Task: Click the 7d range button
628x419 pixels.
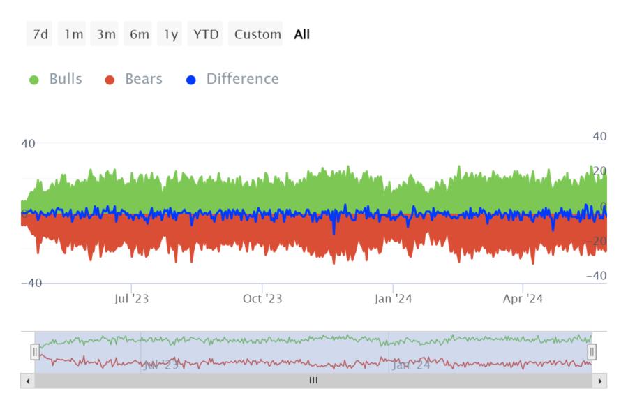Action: (x=40, y=34)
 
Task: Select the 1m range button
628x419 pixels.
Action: (x=73, y=34)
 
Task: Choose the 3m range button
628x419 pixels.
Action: (x=106, y=34)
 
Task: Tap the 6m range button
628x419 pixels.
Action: (x=139, y=34)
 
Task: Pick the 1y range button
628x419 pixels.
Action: (x=170, y=34)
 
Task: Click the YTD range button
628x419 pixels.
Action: (x=205, y=34)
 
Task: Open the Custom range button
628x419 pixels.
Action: (x=257, y=34)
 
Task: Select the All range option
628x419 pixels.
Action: (x=301, y=34)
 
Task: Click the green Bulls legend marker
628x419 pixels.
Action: (x=34, y=80)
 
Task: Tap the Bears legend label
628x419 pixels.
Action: (x=143, y=79)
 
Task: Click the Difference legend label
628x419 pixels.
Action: (x=242, y=79)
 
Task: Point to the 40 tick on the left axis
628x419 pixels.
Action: (x=28, y=144)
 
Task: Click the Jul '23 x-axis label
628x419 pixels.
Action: (x=131, y=299)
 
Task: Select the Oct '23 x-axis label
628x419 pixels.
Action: (x=262, y=299)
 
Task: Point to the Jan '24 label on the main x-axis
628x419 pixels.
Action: (x=393, y=299)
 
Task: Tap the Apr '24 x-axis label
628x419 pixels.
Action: (x=523, y=299)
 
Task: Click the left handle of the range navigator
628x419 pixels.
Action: (x=35, y=352)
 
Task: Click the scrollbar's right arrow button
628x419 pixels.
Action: (x=600, y=381)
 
